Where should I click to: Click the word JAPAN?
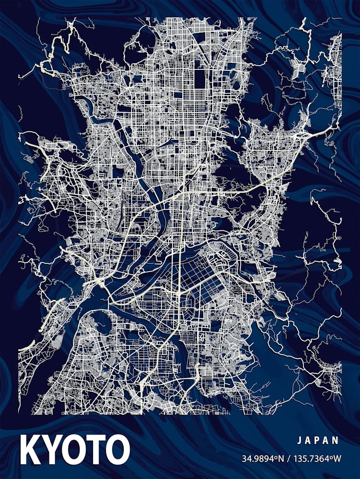click(318, 440)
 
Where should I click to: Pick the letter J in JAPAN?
click(299, 440)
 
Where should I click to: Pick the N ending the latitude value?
click(282, 459)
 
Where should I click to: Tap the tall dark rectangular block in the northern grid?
click(199, 79)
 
